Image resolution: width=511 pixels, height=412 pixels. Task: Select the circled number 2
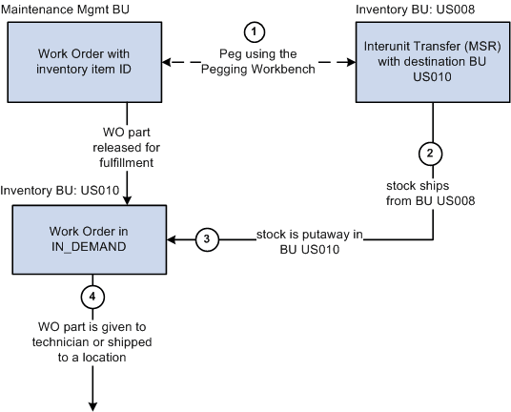(x=432, y=152)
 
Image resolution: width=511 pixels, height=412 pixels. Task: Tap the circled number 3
(x=206, y=238)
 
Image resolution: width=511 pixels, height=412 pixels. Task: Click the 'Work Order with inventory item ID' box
(x=86, y=62)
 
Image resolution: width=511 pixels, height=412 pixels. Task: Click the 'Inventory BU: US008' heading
(x=413, y=9)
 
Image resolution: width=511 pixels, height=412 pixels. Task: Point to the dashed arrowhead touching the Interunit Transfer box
(x=349, y=63)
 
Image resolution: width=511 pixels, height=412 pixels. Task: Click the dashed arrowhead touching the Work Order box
(x=170, y=63)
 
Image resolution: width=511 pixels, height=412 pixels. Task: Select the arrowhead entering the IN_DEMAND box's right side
(x=174, y=238)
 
